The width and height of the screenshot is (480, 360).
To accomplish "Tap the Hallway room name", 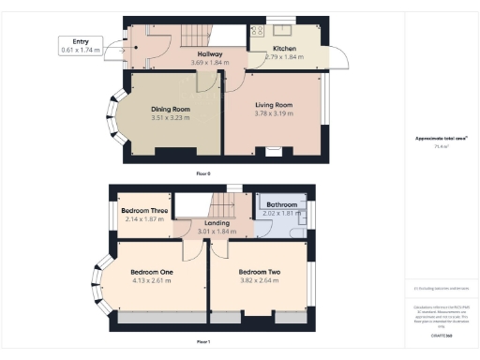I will [207, 54].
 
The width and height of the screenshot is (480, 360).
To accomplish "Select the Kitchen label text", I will [285, 48].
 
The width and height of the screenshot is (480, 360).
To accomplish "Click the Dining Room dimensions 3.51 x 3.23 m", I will [171, 118].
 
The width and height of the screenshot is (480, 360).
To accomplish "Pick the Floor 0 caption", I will [203, 174].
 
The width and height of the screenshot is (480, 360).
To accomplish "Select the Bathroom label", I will [282, 203].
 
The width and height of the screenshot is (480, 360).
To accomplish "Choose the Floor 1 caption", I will [203, 341].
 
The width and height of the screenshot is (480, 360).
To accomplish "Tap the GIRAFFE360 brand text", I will [442, 334].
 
